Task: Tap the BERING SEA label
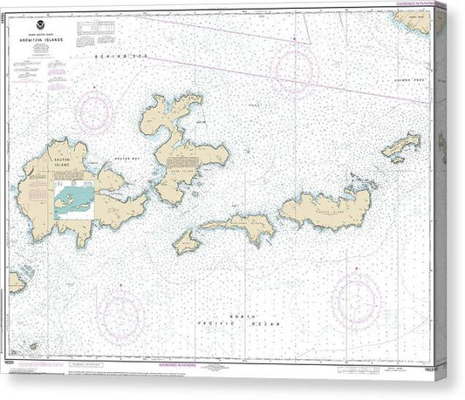[123, 55]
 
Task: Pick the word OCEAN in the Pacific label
[266, 323]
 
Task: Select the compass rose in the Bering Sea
[293, 67]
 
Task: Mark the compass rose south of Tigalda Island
[356, 298]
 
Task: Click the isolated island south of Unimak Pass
[400, 146]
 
